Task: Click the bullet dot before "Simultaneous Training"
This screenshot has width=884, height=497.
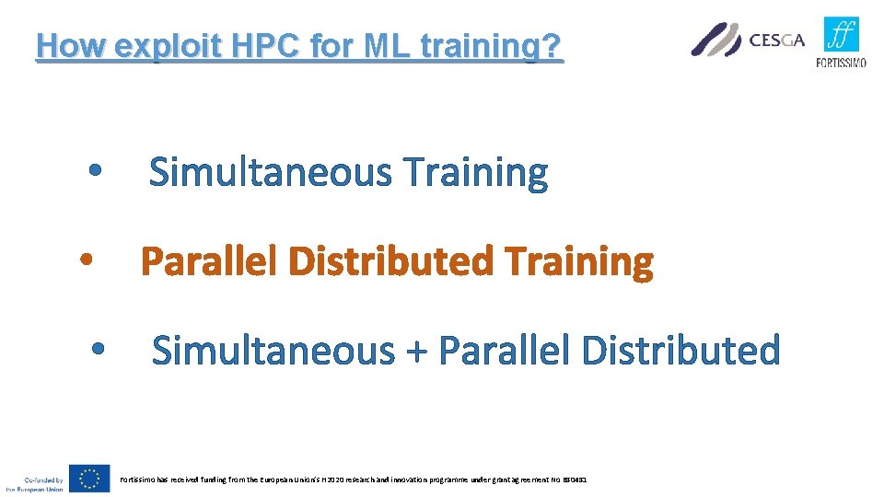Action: [x=95, y=172]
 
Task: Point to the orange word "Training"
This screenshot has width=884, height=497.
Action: [x=579, y=262]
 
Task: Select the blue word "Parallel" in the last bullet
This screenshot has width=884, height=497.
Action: [x=506, y=351]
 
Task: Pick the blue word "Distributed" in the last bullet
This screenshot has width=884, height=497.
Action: [x=680, y=351]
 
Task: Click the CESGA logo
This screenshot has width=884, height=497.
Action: [x=748, y=40]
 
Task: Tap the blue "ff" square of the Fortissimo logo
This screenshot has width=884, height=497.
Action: [x=842, y=35]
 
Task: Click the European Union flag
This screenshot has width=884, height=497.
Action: [x=89, y=479]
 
